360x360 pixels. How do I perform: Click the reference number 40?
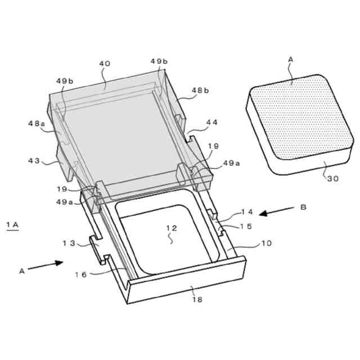(x=105, y=64)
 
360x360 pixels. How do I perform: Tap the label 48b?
(x=200, y=91)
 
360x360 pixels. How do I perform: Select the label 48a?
(x=37, y=124)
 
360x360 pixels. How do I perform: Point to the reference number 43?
(x=34, y=160)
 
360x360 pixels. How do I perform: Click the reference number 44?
(x=211, y=123)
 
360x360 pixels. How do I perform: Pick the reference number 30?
(x=333, y=179)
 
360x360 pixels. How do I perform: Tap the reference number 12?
(x=172, y=228)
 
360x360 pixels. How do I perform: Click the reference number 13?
(x=69, y=243)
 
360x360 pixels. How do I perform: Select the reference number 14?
(x=246, y=211)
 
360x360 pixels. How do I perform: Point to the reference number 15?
(x=246, y=226)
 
